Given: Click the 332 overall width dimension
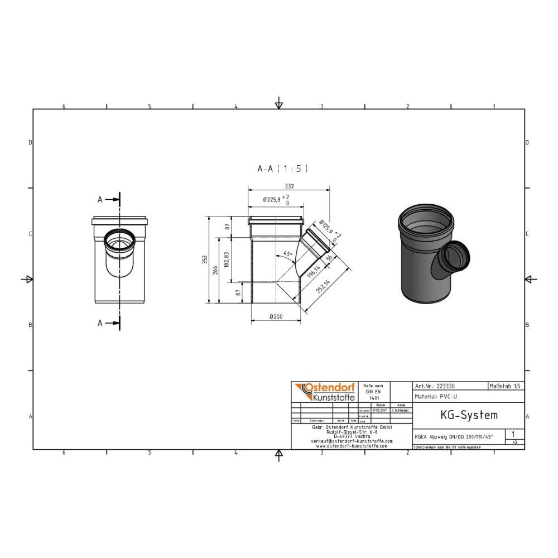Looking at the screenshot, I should click(x=288, y=186).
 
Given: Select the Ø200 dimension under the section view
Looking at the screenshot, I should click(x=276, y=317).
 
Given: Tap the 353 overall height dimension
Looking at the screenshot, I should click(x=205, y=259).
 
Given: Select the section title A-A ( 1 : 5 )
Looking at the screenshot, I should click(x=282, y=168).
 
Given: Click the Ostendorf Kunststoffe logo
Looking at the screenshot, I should click(x=324, y=392).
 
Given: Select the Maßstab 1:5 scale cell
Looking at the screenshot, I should click(x=506, y=386).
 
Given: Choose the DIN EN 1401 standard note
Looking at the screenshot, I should click(x=373, y=392).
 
